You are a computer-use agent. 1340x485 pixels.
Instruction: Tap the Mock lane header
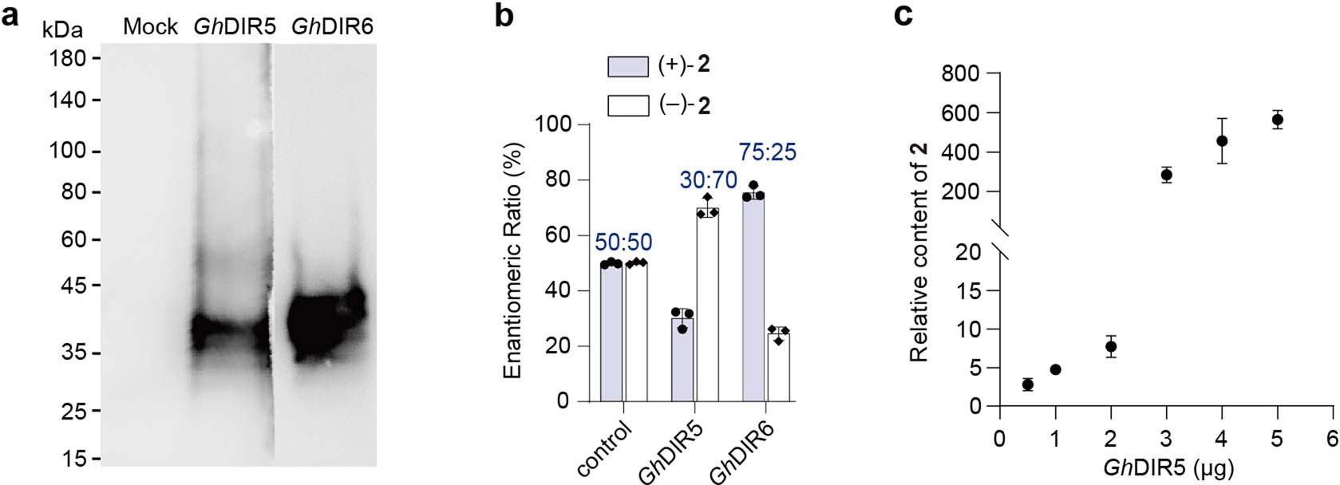pos(150,27)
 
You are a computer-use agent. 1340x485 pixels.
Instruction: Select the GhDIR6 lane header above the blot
pos(332,27)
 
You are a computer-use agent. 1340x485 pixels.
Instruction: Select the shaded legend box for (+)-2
pos(628,67)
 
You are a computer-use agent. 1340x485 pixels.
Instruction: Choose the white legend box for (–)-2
pos(628,106)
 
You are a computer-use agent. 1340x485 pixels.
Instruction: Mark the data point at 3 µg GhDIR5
pos(1167,175)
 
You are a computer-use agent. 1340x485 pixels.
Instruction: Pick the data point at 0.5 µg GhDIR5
pos(1028,384)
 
